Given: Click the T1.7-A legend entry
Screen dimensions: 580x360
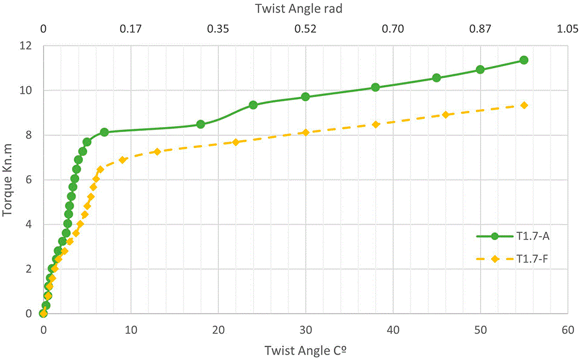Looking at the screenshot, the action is pos(513,236).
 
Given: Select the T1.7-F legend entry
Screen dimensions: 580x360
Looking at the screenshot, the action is pos(513,259).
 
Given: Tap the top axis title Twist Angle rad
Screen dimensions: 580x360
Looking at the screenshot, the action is pos(299,9).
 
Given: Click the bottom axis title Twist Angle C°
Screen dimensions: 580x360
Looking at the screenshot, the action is pos(305,350).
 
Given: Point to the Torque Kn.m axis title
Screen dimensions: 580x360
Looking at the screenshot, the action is pos(8,180).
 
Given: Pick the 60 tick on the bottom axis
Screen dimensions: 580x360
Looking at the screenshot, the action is pos(568,329).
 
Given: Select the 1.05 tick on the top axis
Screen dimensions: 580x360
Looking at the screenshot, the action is pos(568,28).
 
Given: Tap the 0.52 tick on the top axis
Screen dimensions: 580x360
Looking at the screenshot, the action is pos(306,28).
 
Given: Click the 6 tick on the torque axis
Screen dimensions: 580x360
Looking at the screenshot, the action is pos(28,179).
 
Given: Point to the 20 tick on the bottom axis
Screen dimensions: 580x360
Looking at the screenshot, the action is pos(218,329).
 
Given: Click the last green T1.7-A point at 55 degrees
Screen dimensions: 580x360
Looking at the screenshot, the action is pos(524,60).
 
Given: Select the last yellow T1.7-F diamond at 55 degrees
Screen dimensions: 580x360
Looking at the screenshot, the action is pos(524,105).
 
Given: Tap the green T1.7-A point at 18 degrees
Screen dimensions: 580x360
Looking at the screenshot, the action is pos(200,124).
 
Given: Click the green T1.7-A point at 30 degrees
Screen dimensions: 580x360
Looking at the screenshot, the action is pos(306,97).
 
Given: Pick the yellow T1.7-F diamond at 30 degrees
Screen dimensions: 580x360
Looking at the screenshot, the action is pos(306,133).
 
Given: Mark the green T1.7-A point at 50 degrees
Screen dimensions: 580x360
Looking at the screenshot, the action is pos(480,69).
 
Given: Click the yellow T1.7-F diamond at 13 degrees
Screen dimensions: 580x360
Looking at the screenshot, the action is pos(157,152).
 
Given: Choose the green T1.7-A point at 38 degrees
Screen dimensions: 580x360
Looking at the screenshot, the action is pos(375,87).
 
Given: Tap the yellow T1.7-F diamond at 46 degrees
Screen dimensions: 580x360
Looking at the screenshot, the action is pos(445,115).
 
